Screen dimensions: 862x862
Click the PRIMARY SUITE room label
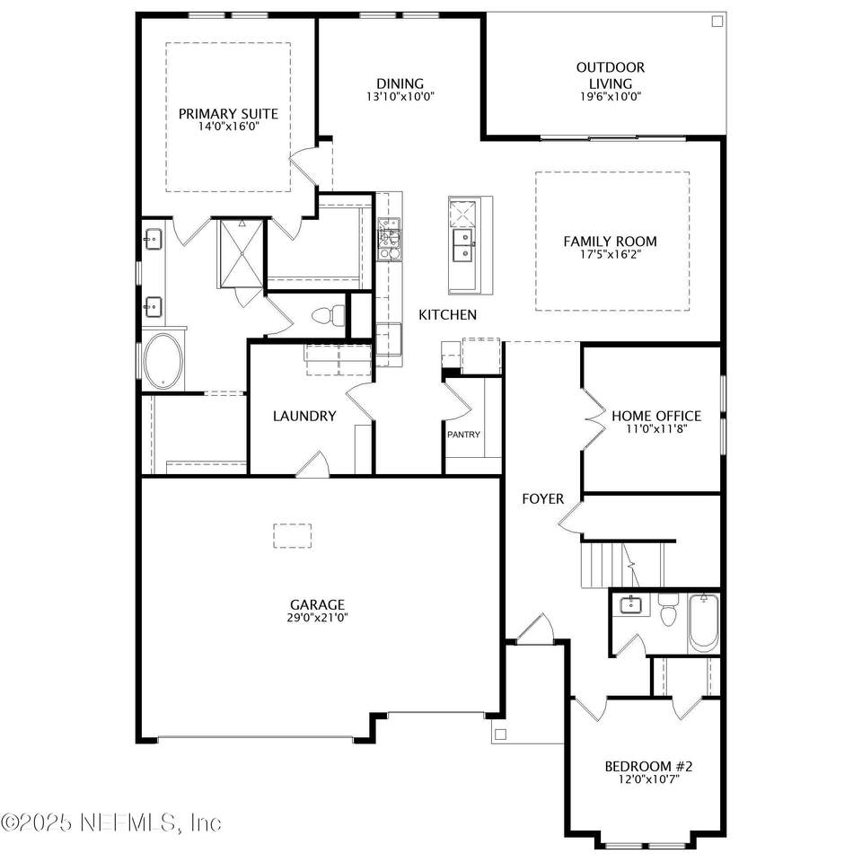228,114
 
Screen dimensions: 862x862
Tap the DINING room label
400,84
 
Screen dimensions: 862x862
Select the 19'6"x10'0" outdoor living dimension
611,97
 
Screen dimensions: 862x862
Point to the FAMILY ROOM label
611,242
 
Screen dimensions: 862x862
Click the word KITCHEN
447,314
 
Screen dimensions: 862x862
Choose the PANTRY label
463,435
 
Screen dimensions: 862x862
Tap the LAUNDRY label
304,416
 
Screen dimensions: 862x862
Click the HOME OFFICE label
656,416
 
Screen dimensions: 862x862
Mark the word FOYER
543,498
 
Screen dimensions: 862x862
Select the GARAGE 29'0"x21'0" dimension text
317,618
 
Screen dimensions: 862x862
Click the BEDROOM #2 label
648,766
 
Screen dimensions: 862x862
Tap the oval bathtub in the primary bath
163,361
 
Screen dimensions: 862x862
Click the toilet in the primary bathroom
329,315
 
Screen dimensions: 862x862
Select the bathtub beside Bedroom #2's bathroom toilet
704,623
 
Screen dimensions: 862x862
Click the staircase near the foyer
623,565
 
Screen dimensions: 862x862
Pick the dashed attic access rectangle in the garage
293,536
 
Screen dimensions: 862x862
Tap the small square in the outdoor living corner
717,22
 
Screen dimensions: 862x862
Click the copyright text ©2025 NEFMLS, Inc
111,822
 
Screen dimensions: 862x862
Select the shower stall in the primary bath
242,253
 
